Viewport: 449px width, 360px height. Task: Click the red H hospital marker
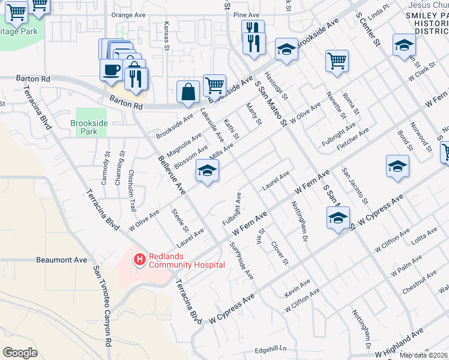coord(139,260)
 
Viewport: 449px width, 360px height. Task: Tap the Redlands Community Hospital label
coord(187,260)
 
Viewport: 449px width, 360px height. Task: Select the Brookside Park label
coord(88,127)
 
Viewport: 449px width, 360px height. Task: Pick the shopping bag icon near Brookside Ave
coord(188,91)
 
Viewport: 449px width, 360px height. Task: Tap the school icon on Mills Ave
coord(207,172)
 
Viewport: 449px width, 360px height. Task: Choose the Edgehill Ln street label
coord(271,349)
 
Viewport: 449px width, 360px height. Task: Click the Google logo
coord(20,352)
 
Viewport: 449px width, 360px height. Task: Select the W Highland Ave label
coord(400,340)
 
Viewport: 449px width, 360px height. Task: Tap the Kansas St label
coord(167,33)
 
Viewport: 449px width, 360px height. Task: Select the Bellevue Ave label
coord(172,174)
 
